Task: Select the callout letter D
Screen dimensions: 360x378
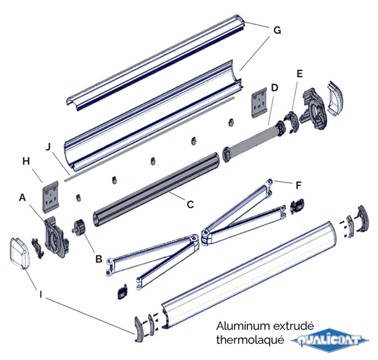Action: coord(274,87)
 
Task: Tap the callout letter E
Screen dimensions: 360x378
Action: coord(299,74)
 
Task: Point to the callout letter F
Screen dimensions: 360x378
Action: coord(298,185)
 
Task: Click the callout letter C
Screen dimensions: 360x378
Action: coord(189,203)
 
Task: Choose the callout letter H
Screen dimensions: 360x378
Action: coord(26,162)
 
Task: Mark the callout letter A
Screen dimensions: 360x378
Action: coord(23,197)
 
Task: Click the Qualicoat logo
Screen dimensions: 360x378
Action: coord(330,340)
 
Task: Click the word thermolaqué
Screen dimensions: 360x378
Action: coord(248,340)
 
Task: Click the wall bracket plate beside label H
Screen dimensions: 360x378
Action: coord(51,196)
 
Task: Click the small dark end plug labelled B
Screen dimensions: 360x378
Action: coord(81,227)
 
